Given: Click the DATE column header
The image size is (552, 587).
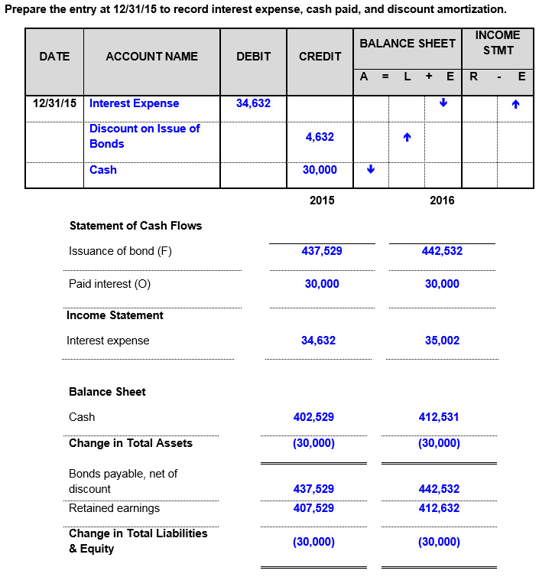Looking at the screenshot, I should pyautogui.click(x=54, y=56).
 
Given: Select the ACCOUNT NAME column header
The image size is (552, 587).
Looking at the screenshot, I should pyautogui.click(x=151, y=56).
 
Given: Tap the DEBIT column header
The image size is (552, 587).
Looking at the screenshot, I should pyautogui.click(x=253, y=56).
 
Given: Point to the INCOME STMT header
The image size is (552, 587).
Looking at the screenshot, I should pyautogui.click(x=497, y=43).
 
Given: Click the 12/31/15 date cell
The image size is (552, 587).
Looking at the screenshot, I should pyautogui.click(x=54, y=103).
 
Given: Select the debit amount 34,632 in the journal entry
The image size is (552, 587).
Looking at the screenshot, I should pyautogui.click(x=253, y=103).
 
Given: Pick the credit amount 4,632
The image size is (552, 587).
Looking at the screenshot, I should pyautogui.click(x=320, y=137).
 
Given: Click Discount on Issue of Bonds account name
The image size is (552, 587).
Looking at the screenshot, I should pyautogui.click(x=144, y=136).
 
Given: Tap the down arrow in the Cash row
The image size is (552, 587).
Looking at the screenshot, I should pyautogui.click(x=371, y=170).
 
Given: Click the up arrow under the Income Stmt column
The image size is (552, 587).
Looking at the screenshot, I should pyautogui.click(x=516, y=104).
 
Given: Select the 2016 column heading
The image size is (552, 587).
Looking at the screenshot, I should pyautogui.click(x=442, y=201).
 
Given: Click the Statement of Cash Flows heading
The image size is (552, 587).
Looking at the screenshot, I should pyautogui.click(x=135, y=226).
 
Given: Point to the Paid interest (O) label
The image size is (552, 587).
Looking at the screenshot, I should pyautogui.click(x=110, y=284).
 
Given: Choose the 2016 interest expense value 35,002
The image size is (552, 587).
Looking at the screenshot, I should pyautogui.click(x=442, y=341).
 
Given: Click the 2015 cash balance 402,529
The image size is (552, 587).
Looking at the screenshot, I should pyautogui.click(x=313, y=417).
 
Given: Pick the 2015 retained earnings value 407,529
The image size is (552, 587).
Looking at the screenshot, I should pyautogui.click(x=313, y=508).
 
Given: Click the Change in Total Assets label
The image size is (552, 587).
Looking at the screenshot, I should pyautogui.click(x=131, y=443).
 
